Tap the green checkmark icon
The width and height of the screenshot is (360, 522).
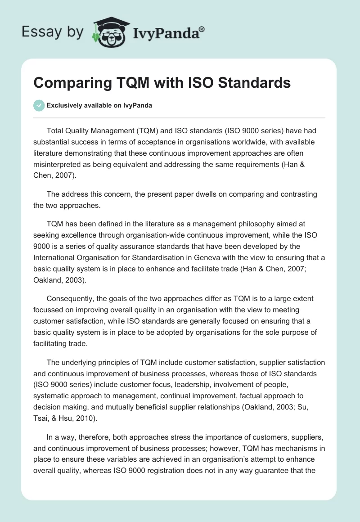[x=39, y=105]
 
